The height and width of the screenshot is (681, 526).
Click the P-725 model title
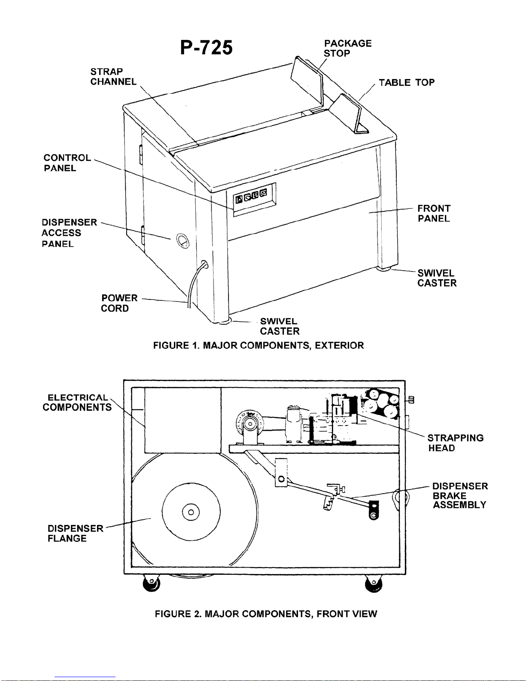pyautogui.click(x=207, y=48)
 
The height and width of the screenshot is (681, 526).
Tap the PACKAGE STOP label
pyautogui.click(x=347, y=48)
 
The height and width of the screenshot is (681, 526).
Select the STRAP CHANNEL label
pyautogui.click(x=113, y=76)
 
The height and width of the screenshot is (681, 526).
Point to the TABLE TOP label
pyautogui.click(x=407, y=82)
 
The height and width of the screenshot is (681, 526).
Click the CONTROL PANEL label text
pyautogui.click(x=67, y=163)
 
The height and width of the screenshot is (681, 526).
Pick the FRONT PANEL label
pyautogui.click(x=434, y=214)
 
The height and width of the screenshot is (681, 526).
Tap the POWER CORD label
pyautogui.click(x=119, y=303)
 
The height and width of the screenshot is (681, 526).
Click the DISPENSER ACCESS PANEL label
pyautogui.click(x=69, y=233)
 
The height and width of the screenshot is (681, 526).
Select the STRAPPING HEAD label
pyautogui.click(x=455, y=443)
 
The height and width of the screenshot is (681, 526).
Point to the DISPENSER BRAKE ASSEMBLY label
pyautogui.click(x=460, y=495)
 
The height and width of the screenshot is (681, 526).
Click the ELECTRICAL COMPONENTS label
pyautogui.click(x=77, y=402)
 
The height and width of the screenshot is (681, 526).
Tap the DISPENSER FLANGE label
pyautogui.click(x=75, y=533)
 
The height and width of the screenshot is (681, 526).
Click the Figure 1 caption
pyautogui.click(x=258, y=345)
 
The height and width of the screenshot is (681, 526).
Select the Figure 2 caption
pyautogui.click(x=266, y=614)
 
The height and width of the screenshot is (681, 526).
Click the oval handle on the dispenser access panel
pyautogui.click(x=183, y=241)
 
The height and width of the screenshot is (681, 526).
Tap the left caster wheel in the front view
pyautogui.click(x=151, y=583)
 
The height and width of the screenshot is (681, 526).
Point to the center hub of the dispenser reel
pyautogui.click(x=191, y=513)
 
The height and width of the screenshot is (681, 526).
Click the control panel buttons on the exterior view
pyautogui.click(x=252, y=196)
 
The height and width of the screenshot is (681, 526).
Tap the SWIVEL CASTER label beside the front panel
pyautogui.click(x=437, y=278)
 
